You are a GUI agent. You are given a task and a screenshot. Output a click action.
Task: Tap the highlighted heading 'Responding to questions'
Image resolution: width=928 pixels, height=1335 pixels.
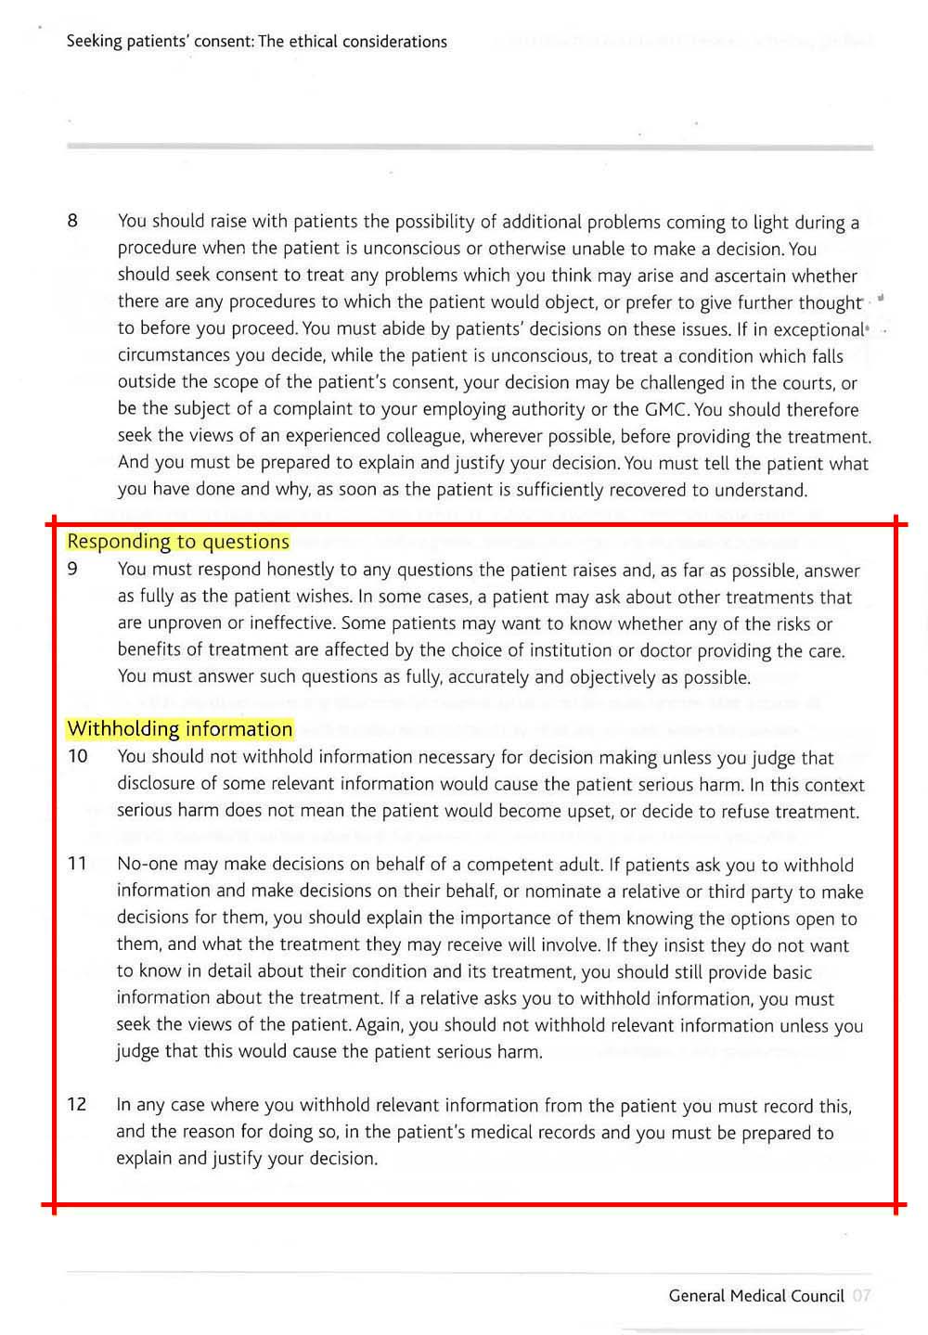(x=178, y=542)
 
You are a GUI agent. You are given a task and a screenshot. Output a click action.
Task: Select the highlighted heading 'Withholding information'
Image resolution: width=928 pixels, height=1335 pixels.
(x=180, y=729)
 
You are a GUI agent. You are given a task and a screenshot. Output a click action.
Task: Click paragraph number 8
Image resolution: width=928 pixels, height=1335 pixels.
(x=72, y=221)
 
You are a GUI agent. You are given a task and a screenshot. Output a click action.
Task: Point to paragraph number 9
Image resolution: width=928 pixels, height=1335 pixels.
(x=72, y=570)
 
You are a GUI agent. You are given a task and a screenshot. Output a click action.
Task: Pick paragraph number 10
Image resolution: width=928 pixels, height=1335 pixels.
(x=78, y=757)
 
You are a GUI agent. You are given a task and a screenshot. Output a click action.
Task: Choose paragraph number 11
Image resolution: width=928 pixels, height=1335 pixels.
(x=78, y=865)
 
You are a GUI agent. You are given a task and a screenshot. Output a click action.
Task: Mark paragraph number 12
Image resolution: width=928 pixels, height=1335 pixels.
(x=78, y=1104)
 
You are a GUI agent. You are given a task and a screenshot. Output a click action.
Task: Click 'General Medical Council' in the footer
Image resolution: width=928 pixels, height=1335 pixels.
(x=755, y=1296)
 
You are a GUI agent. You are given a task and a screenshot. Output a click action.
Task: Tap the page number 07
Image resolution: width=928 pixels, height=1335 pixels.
(x=861, y=1296)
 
